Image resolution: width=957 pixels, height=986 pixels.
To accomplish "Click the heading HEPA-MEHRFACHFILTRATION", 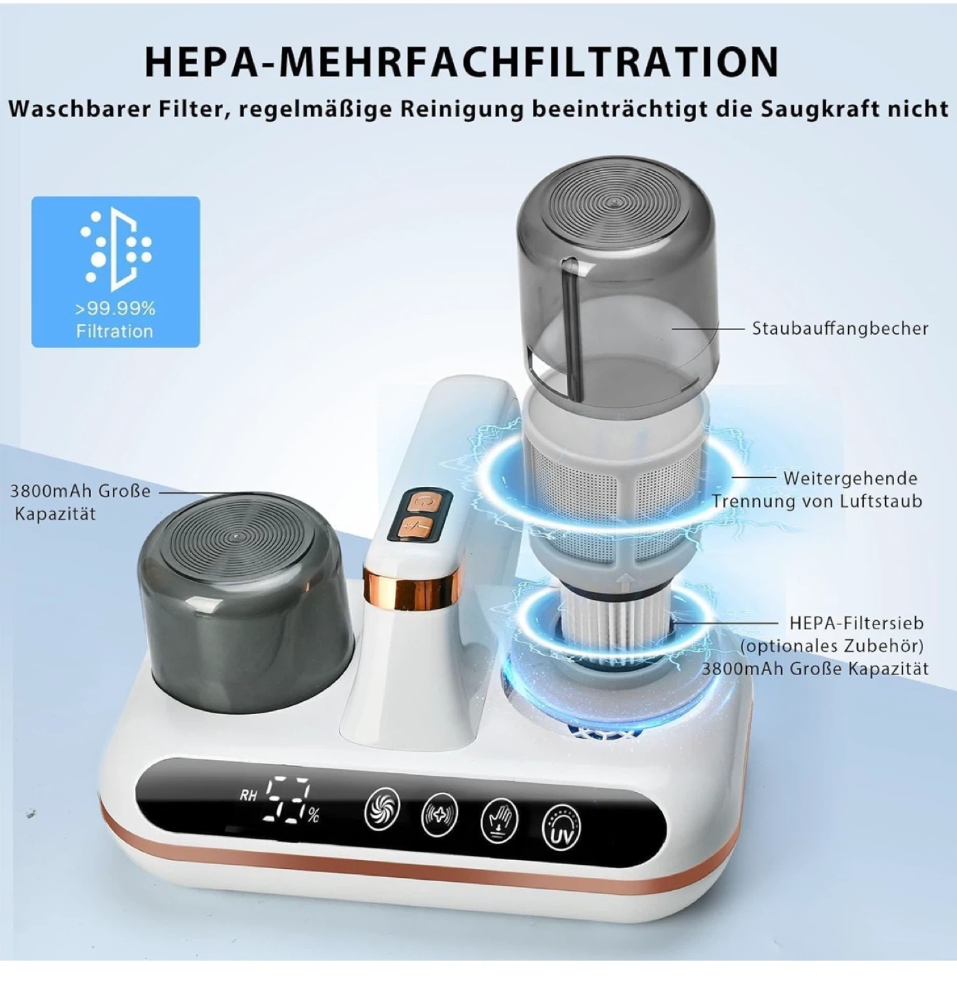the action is point(461,62).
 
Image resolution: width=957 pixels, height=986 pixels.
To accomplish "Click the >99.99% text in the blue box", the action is point(115,309).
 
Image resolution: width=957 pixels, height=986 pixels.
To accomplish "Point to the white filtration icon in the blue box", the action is point(116,249).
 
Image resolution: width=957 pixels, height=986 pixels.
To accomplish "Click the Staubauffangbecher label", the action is point(840,329).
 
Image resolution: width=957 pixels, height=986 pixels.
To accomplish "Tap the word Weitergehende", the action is point(850,479).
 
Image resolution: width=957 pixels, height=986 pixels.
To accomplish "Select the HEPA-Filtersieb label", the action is point(856,622).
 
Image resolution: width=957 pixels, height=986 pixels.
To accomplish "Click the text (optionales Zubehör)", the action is point(831,646).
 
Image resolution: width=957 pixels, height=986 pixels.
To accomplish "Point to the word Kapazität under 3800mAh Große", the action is point(55,514).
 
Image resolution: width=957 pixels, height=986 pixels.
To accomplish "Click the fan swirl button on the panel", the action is point(382,809).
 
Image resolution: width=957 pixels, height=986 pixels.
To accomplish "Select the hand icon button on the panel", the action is point(499,820).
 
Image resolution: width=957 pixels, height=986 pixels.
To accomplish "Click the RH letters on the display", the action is point(248,796).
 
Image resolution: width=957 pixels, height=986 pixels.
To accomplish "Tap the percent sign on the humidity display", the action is point(314,816).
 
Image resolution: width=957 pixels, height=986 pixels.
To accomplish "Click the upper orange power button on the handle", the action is point(420,502).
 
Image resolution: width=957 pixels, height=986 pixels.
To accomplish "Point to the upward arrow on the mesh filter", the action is point(625,581).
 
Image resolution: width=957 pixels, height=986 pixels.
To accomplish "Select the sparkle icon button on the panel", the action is point(439,813).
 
